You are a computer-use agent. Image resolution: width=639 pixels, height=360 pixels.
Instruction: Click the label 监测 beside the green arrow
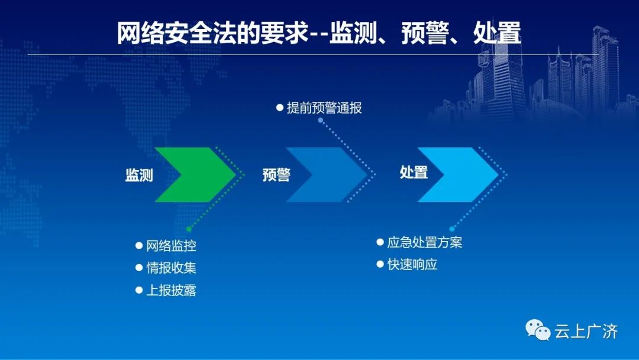point(139,175)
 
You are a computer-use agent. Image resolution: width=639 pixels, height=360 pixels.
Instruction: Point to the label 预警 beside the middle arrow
point(276,175)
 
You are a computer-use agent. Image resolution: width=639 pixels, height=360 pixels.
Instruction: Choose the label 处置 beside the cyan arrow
point(414,172)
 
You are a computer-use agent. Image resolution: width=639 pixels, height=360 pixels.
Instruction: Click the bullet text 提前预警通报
point(324,108)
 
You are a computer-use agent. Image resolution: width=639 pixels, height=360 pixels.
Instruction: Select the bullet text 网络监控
point(171,246)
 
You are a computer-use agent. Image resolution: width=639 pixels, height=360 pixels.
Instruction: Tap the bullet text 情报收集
point(171,268)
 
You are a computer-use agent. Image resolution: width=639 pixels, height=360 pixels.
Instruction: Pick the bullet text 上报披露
point(171,290)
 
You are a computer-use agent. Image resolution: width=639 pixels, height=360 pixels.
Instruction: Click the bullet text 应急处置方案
point(425,243)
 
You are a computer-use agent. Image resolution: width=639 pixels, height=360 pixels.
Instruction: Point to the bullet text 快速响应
point(412,265)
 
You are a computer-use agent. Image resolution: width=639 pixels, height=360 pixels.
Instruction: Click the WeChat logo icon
point(537,330)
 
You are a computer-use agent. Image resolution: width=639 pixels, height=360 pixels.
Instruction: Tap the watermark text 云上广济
point(586,331)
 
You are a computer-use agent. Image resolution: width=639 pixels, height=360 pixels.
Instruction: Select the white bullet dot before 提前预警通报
point(279,108)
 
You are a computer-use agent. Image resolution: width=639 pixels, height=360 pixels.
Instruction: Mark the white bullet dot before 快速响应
point(380,264)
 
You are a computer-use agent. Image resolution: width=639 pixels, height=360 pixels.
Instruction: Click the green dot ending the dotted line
point(189,229)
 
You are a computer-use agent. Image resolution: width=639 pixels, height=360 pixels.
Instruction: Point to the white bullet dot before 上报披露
point(139,290)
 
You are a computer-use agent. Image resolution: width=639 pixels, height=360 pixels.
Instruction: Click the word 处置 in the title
point(497,33)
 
